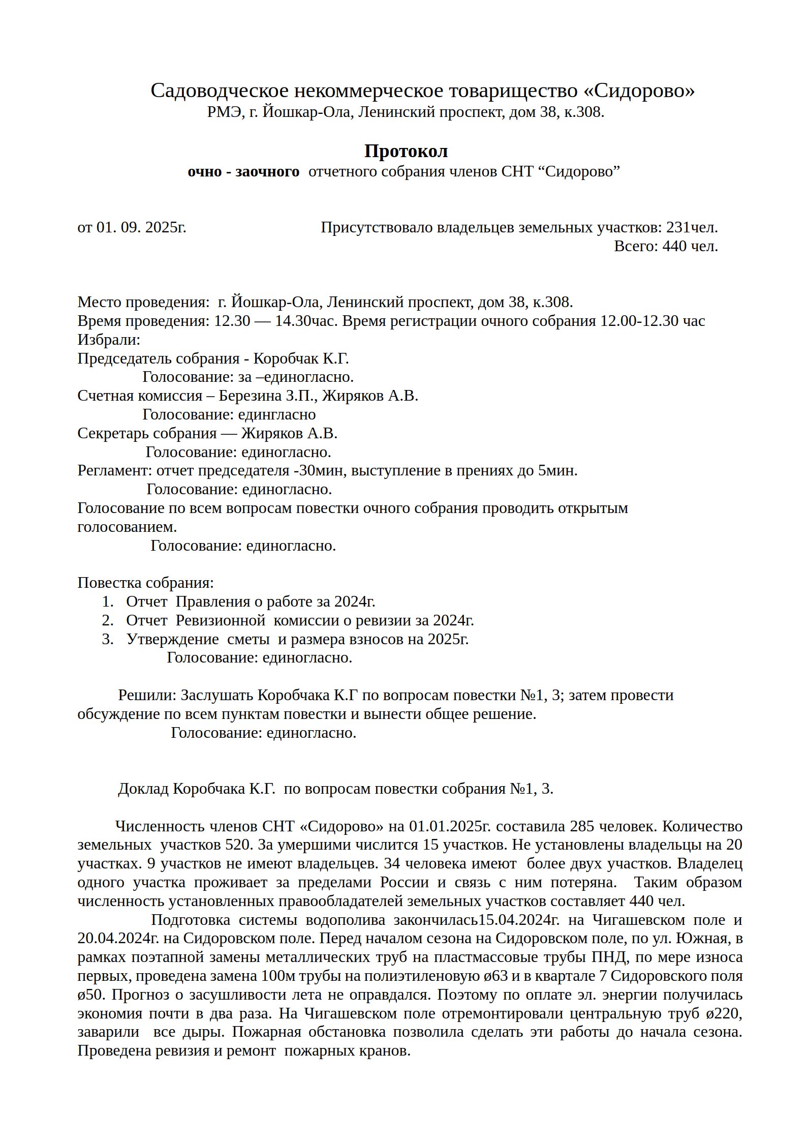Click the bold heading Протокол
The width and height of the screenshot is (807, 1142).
pos(406,152)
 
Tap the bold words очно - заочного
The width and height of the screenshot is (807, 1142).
pos(243,172)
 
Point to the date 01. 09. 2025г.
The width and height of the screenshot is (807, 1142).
pos(141,227)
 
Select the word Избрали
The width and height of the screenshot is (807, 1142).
pos(108,340)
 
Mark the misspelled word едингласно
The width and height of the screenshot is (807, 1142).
pos(277,414)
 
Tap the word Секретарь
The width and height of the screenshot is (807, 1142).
pos(113,433)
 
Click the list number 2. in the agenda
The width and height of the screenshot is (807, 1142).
pos(107,620)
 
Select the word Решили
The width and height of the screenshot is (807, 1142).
pos(147,695)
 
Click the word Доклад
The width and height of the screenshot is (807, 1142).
pos(143,789)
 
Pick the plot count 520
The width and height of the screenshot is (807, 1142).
pos(238,845)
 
